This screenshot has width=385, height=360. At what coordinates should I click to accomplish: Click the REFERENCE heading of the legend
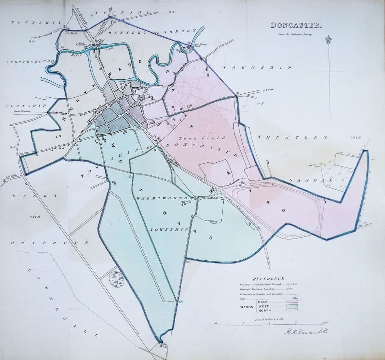tap(268, 278)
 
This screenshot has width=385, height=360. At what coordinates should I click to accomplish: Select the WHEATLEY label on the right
tap(292, 137)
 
